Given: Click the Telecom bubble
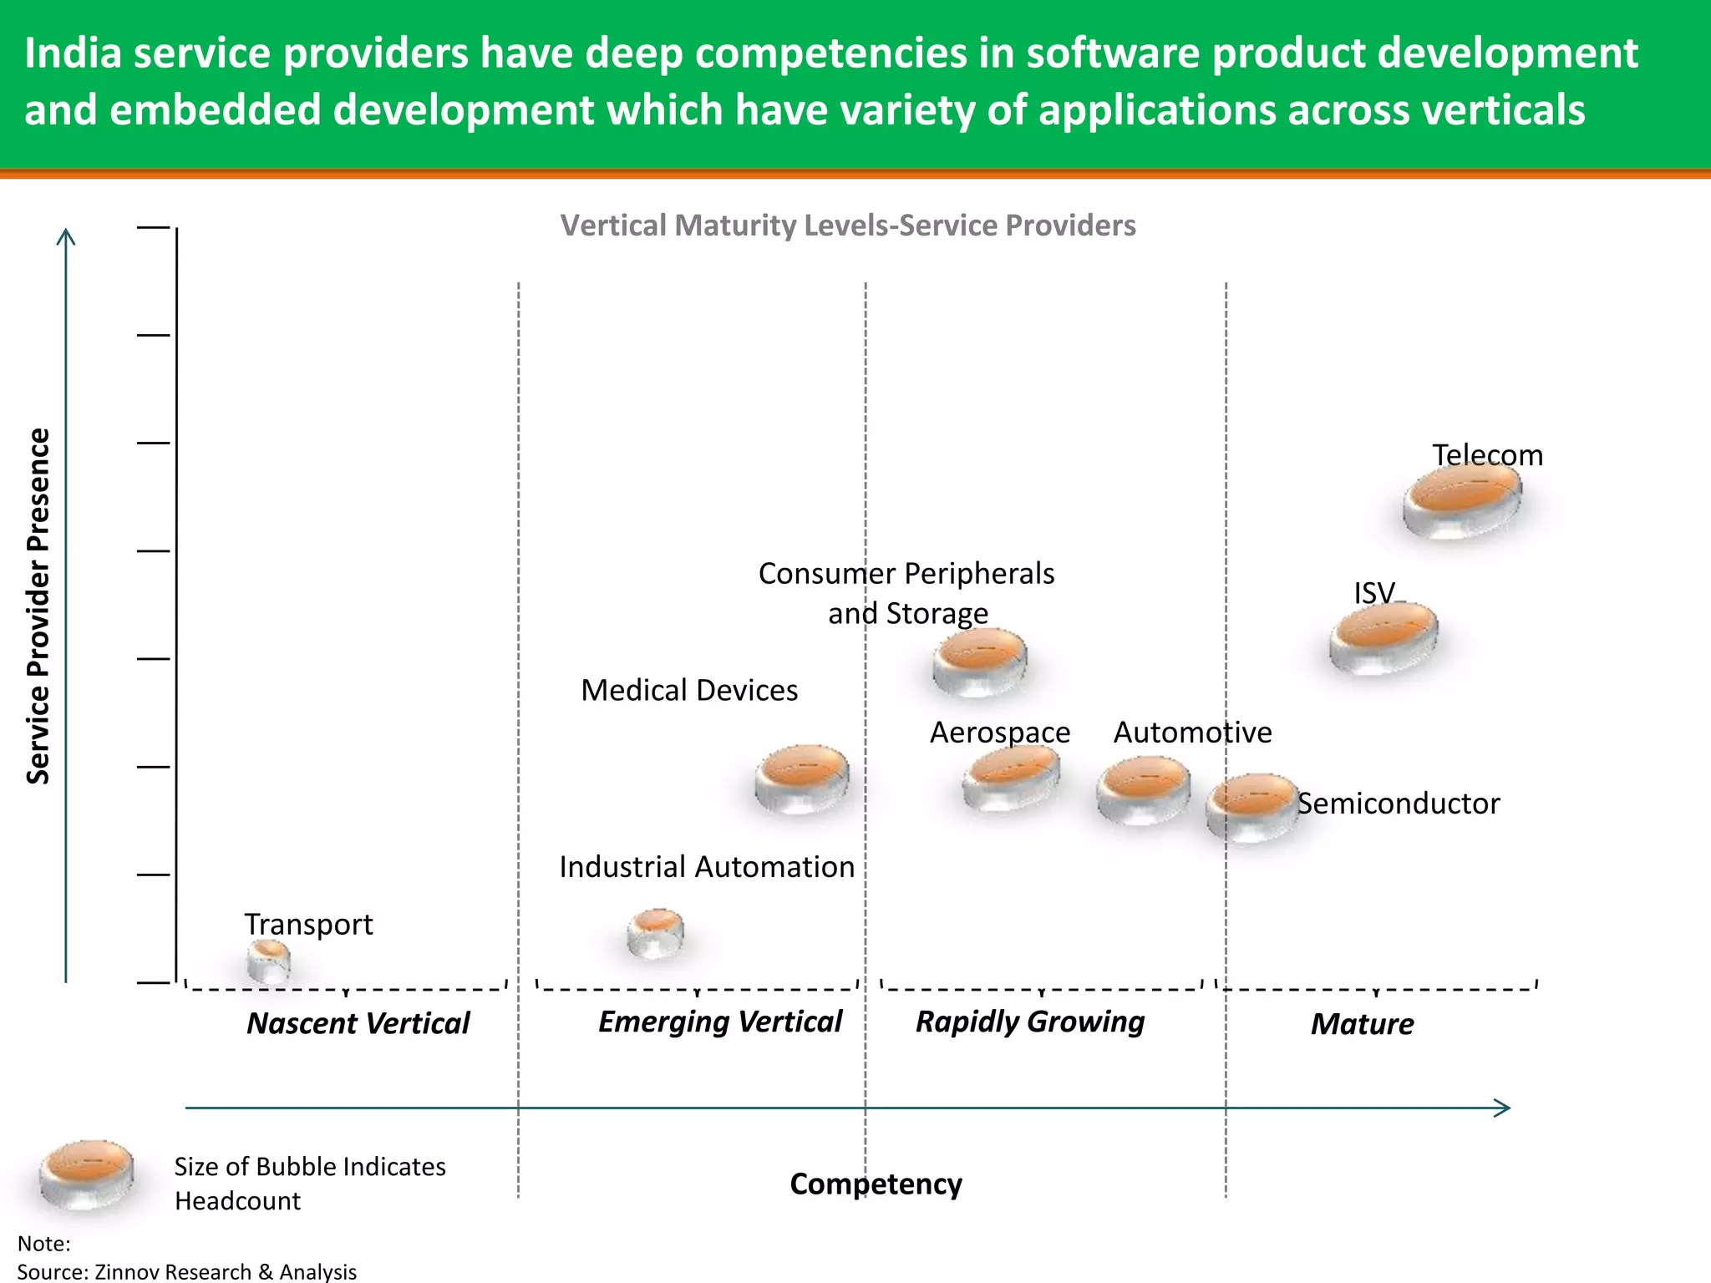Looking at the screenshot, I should [1462, 500].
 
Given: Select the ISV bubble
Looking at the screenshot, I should [1384, 638].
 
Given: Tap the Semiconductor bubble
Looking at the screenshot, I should [1252, 807].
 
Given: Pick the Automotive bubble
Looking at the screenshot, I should [1144, 790].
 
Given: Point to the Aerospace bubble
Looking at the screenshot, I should [1011, 778].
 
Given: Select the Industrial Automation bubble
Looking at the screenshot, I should [656, 933].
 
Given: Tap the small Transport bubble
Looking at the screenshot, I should [269, 961].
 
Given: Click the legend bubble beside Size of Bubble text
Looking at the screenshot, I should [87, 1174].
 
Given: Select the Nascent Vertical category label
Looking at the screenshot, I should [358, 1023].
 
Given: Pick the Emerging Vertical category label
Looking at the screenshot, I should [720, 1022].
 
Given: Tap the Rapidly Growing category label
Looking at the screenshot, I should [1029, 1022].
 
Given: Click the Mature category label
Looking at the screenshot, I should [1362, 1024].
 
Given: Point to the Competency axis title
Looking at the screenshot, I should [876, 1184].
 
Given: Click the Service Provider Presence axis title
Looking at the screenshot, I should [38, 606].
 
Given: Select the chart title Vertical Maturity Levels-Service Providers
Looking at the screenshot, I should [847, 226].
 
